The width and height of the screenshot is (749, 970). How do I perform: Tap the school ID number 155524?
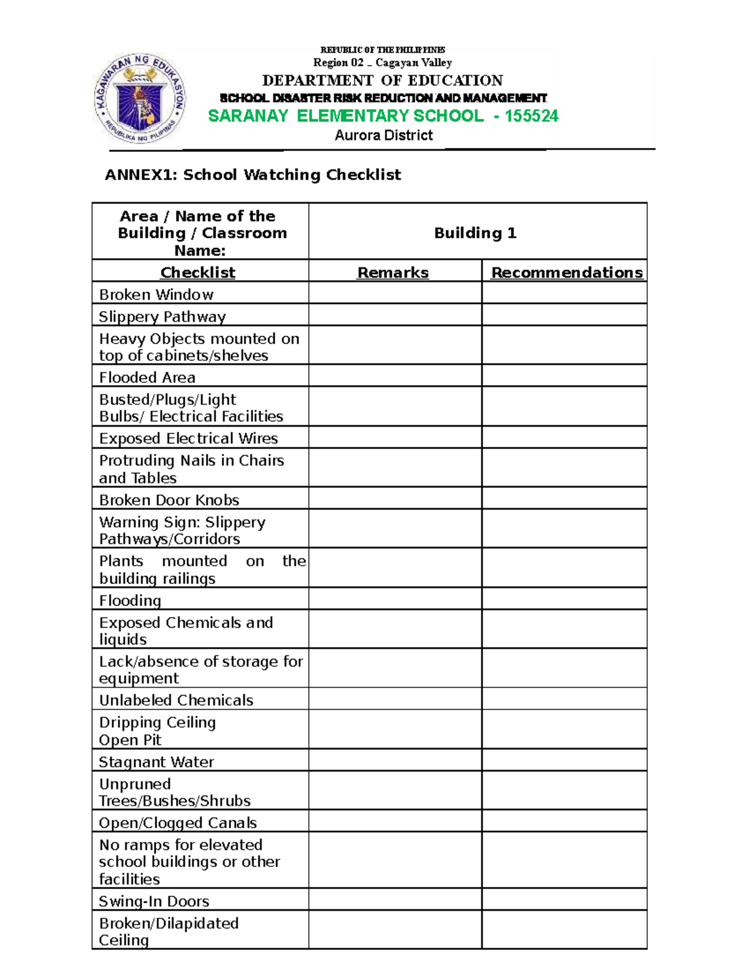[531, 116]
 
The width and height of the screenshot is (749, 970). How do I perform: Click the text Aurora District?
[383, 136]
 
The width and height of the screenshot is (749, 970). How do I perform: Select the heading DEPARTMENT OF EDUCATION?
[382, 81]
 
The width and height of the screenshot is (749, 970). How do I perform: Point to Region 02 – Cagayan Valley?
[382, 62]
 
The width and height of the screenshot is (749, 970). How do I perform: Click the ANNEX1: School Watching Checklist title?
[252, 175]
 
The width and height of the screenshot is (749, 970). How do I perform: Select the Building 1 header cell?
[475, 233]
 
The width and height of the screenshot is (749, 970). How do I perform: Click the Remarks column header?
[393, 272]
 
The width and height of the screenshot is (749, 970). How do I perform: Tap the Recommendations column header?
[566, 272]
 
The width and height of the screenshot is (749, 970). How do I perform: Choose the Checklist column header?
[197, 272]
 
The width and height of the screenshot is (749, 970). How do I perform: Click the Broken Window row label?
[156, 294]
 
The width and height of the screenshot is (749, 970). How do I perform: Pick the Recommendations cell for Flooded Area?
[564, 377]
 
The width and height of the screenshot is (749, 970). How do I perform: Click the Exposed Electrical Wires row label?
[188, 438]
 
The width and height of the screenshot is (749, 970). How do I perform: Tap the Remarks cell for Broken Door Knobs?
[394, 499]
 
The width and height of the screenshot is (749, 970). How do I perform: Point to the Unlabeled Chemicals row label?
[176, 700]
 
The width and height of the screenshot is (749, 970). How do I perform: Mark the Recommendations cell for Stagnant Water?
[564, 761]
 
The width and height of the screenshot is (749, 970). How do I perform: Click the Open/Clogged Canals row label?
[177, 822]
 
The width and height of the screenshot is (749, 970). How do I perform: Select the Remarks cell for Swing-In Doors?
[394, 900]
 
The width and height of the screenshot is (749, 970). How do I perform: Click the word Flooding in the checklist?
[130, 600]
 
